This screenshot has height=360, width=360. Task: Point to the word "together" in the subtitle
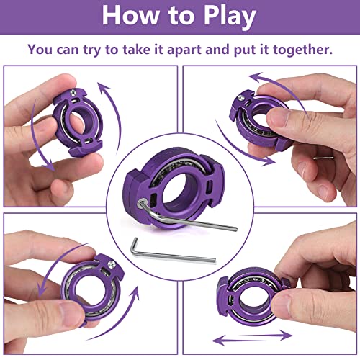tap(302, 50)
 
